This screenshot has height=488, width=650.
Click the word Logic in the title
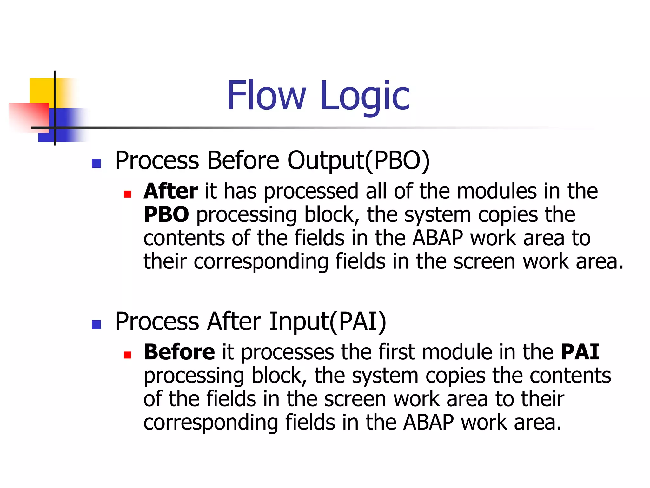[x=365, y=96]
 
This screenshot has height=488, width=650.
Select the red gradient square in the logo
[x=29, y=116]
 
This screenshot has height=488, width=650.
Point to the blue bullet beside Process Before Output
[x=96, y=163]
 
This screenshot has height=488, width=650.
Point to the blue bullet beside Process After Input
[x=96, y=324]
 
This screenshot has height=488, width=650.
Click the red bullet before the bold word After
[x=128, y=194]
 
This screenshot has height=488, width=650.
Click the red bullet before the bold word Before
[x=128, y=355]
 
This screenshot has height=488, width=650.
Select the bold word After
[x=170, y=191]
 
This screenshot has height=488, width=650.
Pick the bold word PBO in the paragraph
[x=166, y=215]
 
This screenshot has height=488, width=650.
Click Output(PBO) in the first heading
[x=358, y=160]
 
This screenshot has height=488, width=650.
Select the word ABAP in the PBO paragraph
[x=438, y=238]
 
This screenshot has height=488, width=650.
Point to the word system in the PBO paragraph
[x=438, y=215]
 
